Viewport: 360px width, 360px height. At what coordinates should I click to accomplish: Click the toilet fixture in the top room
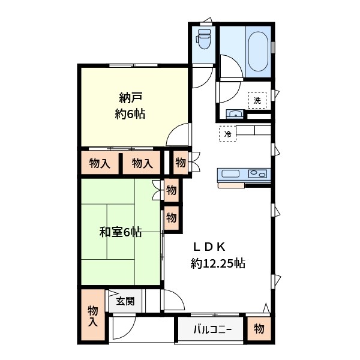pyautogui.click(x=204, y=40)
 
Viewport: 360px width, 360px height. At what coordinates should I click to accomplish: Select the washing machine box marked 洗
pyautogui.click(x=257, y=100)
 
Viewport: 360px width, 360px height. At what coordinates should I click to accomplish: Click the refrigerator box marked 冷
pyautogui.click(x=227, y=133)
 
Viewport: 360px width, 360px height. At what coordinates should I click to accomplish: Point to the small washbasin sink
pyautogui.click(x=234, y=114)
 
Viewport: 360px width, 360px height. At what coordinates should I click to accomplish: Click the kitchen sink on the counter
pyautogui.click(x=230, y=174)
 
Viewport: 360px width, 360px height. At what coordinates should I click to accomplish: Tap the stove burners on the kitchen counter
pyautogui.click(x=259, y=174)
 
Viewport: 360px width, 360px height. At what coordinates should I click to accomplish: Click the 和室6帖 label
pyautogui.click(x=121, y=232)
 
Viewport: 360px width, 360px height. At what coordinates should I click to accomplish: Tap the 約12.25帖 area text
pyautogui.click(x=217, y=263)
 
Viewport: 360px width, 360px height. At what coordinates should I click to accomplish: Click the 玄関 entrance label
pyautogui.click(x=125, y=301)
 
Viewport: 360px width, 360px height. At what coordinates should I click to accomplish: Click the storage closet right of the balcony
pyautogui.click(x=259, y=329)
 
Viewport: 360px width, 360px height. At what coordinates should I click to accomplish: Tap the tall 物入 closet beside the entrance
pyautogui.click(x=92, y=316)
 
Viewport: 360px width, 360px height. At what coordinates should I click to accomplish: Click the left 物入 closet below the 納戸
pyautogui.click(x=100, y=163)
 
